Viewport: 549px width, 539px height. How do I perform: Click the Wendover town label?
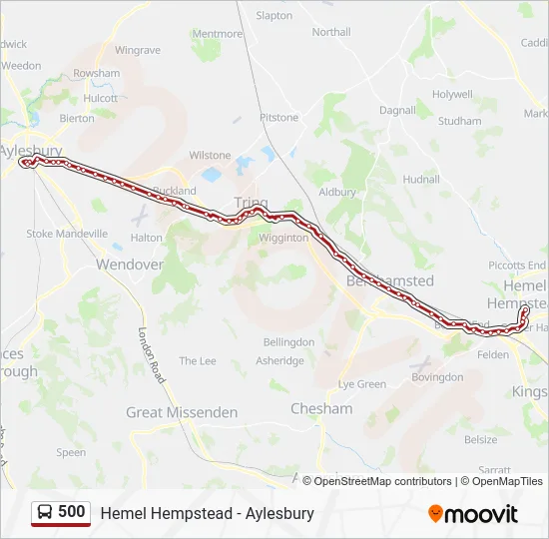pos(129,265)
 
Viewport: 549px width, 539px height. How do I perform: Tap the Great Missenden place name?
pos(182,412)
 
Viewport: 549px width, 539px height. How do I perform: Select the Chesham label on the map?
pos(321,408)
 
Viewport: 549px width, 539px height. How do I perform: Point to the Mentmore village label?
pos(217,33)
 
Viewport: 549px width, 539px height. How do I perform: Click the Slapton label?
pos(274,16)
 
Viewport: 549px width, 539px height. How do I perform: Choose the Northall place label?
pos(331,32)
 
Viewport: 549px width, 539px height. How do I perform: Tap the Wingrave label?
pos(137,50)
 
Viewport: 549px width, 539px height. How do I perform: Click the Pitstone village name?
pos(278,118)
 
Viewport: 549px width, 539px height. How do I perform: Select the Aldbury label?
pos(336,192)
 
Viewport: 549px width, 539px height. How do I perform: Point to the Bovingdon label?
pos(437,377)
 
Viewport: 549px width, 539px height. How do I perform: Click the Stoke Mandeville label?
pos(67,234)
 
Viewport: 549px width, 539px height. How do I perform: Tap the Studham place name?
pos(459,122)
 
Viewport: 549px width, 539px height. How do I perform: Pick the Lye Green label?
pos(362,384)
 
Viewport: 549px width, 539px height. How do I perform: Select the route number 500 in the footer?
pos(72,512)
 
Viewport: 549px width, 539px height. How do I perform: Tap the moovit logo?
pos(473,514)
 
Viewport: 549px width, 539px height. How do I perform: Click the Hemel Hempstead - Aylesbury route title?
pos(207,513)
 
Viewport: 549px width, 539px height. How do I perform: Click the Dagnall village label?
pos(396,110)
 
